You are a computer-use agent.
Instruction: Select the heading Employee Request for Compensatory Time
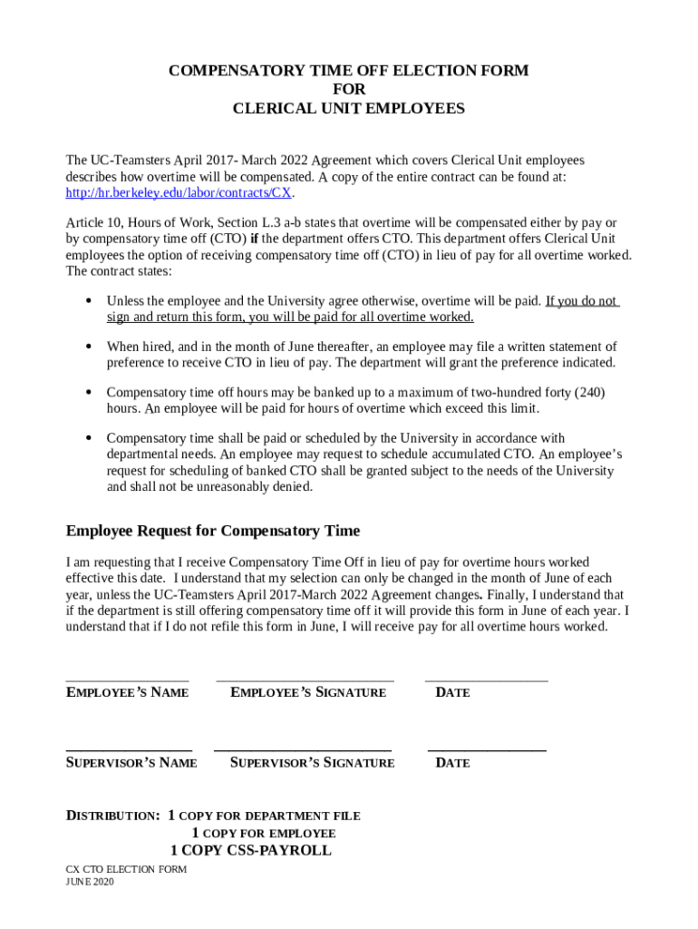(213, 531)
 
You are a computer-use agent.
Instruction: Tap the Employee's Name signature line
(127, 680)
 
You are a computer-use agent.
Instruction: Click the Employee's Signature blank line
(305, 680)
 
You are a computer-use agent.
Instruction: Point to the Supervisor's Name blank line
(129, 750)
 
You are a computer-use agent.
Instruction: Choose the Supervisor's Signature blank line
(303, 750)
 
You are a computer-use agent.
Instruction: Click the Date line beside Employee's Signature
(486, 680)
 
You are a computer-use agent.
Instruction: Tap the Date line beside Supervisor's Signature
(486, 750)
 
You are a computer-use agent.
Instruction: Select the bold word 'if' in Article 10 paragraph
(255, 240)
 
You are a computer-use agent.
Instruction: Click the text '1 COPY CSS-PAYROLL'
(251, 850)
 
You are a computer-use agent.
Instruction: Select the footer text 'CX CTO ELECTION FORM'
(126, 869)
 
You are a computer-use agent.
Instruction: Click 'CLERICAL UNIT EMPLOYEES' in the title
(349, 109)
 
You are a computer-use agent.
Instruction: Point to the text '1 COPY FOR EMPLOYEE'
(263, 833)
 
